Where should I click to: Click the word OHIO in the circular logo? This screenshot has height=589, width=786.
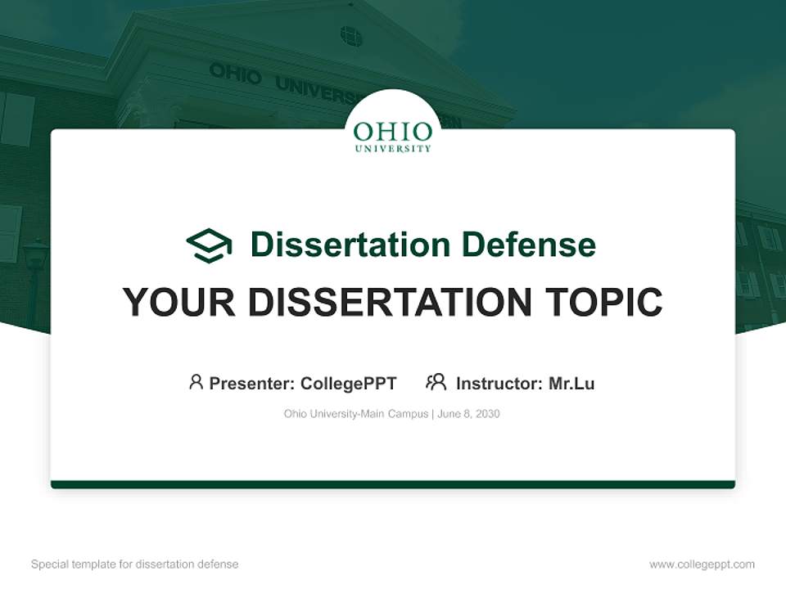point(393,132)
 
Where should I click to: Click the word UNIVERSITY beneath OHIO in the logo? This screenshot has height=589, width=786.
point(393,149)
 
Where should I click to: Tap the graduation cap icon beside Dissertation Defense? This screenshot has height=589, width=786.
point(209,245)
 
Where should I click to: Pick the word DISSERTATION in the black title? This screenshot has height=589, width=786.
point(390,302)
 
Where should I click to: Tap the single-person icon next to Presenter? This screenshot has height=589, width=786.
point(196,382)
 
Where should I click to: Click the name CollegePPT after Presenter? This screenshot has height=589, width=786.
point(348,384)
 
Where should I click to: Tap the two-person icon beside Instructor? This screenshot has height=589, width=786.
point(436,382)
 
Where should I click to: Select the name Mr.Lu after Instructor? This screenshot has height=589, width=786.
point(571,384)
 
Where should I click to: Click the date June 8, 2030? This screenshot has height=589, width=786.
point(468,414)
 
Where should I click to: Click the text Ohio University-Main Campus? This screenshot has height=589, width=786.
point(355,414)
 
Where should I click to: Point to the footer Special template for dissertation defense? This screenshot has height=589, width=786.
point(135,564)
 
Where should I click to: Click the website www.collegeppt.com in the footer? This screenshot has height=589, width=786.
point(702,564)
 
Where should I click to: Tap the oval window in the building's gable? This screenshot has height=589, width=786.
point(350,36)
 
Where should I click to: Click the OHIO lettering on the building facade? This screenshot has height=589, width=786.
point(235,73)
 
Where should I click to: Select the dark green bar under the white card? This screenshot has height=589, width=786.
point(393,485)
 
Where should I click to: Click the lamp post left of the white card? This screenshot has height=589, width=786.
point(34,270)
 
